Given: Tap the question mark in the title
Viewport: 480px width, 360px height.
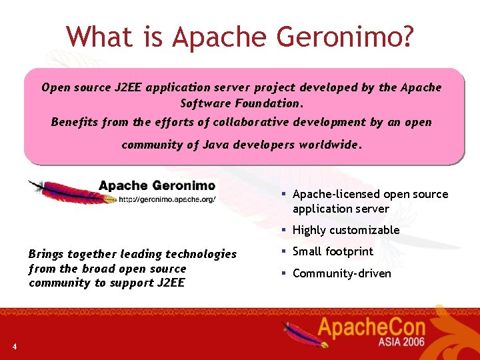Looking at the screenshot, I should pyautogui.click(x=405, y=37).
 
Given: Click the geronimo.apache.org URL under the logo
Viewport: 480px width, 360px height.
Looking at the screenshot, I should pyautogui.click(x=167, y=199).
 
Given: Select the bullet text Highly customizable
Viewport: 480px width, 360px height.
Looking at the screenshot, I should pyautogui.click(x=346, y=230).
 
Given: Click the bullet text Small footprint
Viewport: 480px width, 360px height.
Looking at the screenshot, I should pyautogui.click(x=333, y=251).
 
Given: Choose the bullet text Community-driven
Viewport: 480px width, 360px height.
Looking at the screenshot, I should pyautogui.click(x=341, y=273).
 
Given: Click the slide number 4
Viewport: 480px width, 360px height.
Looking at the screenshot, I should pyautogui.click(x=14, y=345).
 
